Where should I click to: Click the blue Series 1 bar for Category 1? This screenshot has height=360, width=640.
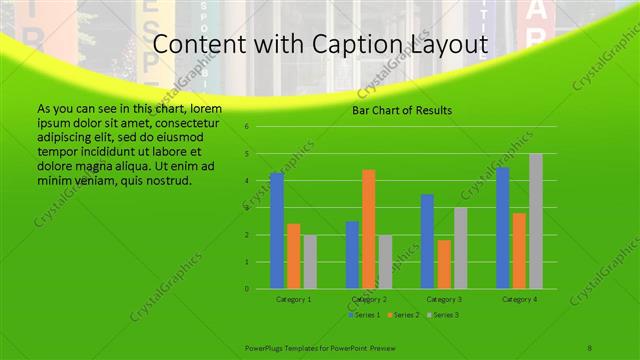tap(277, 231)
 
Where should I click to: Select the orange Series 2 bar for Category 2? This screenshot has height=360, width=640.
tap(369, 229)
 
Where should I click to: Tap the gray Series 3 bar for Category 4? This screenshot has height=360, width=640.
tap(536, 221)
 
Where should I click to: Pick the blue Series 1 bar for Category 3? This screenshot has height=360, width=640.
tap(427, 241)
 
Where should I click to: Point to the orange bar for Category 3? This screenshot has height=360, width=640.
tap(444, 264)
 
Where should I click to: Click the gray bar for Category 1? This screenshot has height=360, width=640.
tap(310, 262)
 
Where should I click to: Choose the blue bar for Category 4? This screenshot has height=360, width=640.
tap(503, 228)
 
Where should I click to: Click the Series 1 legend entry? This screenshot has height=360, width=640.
tap(365, 315)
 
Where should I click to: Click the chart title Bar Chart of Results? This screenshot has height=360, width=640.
tap(402, 110)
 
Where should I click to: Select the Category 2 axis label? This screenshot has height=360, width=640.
tap(369, 299)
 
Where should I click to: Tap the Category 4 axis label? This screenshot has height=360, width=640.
tap(519, 299)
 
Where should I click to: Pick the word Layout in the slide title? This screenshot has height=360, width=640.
tap(445, 45)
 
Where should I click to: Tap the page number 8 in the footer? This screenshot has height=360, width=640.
tap(590, 346)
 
